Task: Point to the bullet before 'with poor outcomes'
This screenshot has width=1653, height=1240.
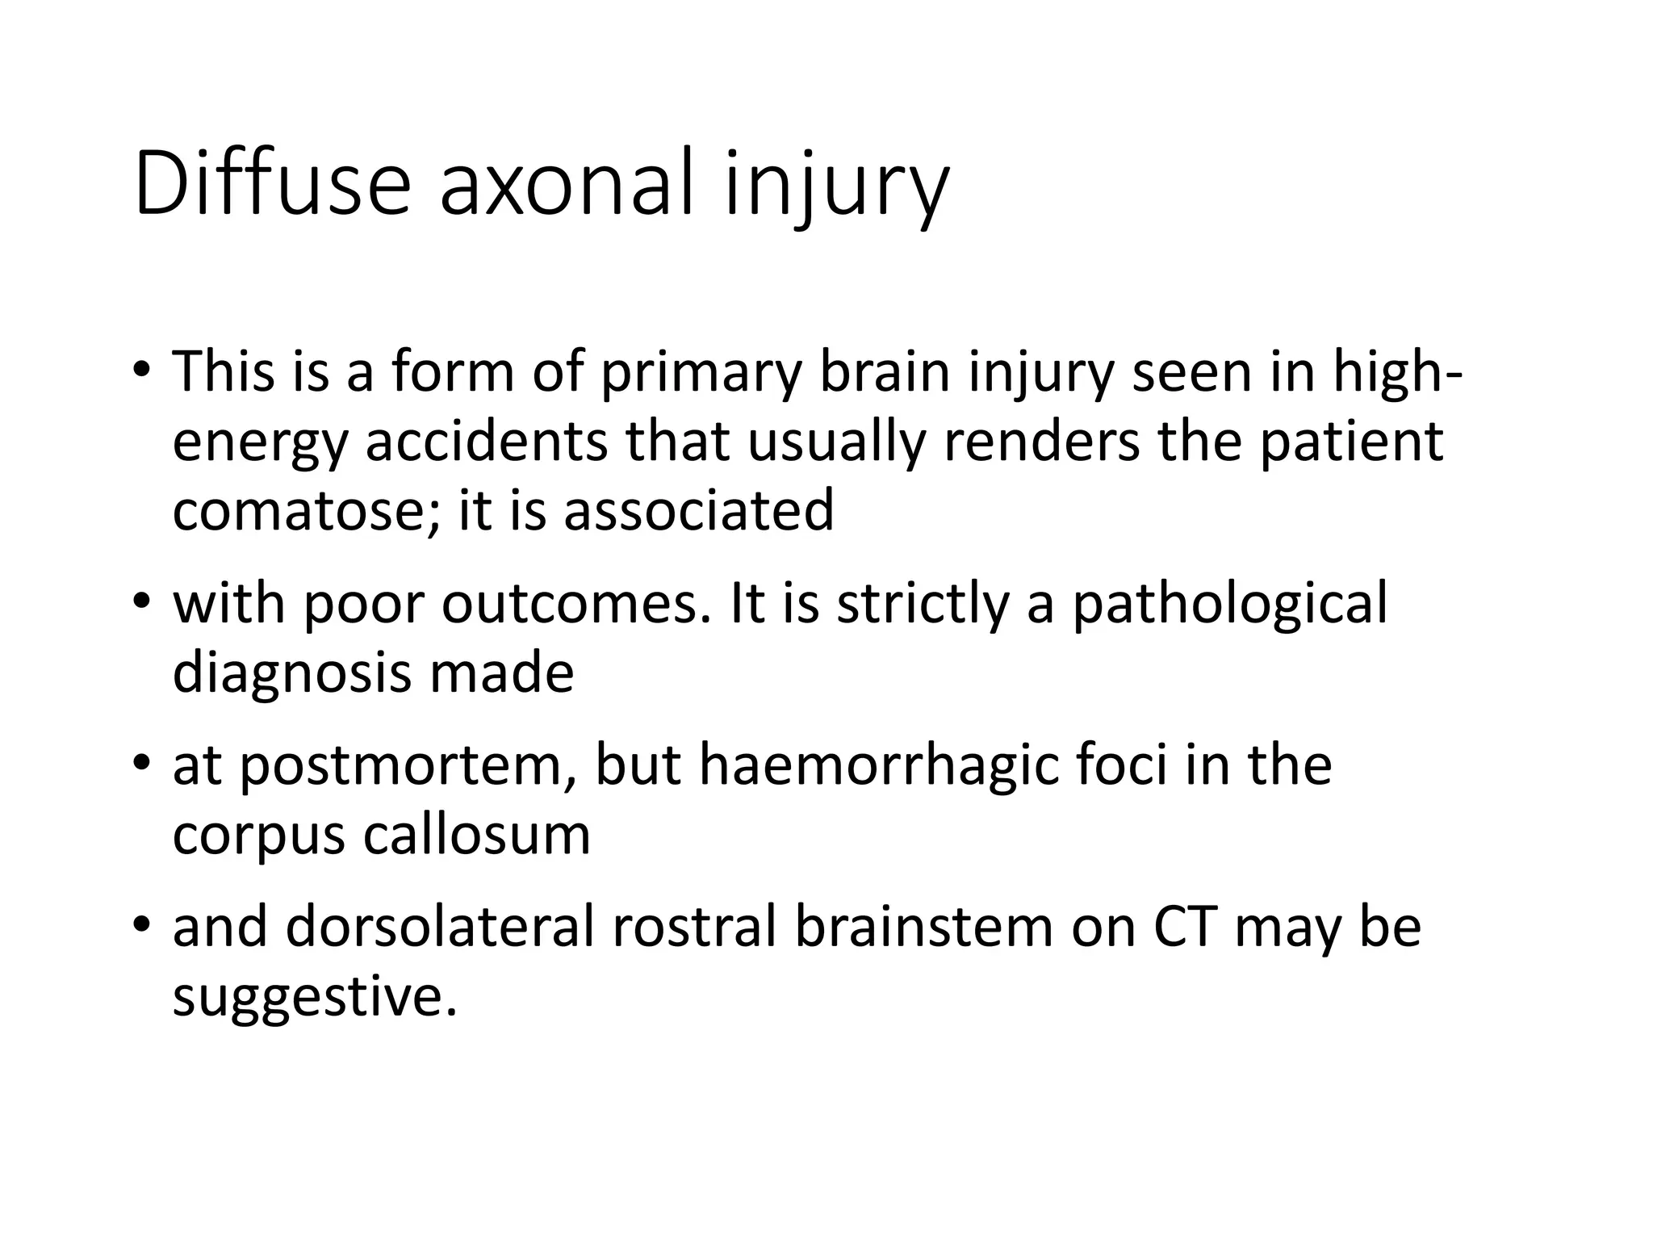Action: tap(141, 601)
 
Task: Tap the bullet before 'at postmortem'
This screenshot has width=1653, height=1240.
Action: tap(141, 763)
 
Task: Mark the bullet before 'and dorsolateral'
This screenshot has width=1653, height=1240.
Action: tap(141, 924)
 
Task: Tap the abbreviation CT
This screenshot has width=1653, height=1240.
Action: tap(1184, 926)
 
